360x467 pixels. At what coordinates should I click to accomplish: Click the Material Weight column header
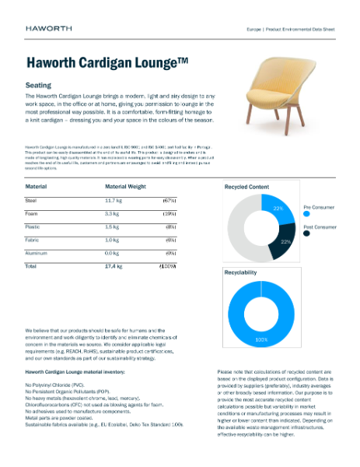pos(126,188)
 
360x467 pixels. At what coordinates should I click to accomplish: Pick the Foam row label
pos(33,212)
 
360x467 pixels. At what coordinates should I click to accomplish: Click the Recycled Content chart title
pos(246,188)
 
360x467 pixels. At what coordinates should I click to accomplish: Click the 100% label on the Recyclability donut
pos(261,339)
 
